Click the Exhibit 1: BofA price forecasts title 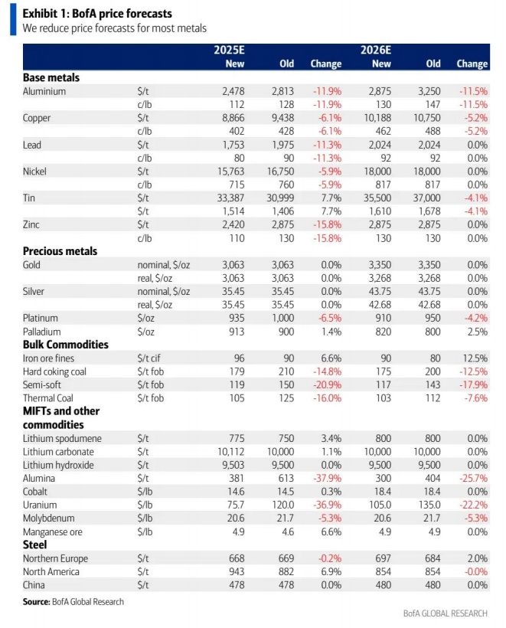click(x=97, y=14)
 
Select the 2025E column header click(x=229, y=50)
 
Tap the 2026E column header click(x=376, y=50)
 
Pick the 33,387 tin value click(x=229, y=198)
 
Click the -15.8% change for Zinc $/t click(x=326, y=224)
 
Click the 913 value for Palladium click(x=235, y=331)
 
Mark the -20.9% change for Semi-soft click(x=325, y=384)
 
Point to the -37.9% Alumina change click(x=325, y=478)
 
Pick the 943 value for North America click(x=235, y=571)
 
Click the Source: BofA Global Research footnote click(x=73, y=602)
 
